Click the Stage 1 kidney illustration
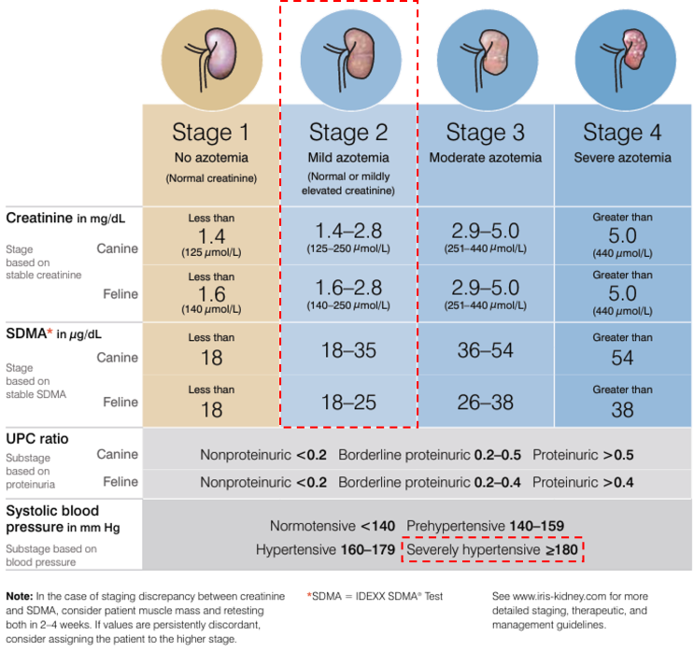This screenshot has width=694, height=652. coord(212,60)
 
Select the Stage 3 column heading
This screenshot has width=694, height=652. coord(486,133)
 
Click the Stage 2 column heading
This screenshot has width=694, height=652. coord(348,133)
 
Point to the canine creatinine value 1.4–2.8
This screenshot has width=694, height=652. coord(348,231)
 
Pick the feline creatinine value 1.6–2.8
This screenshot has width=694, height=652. coord(348,288)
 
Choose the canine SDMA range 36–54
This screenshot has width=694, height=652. coord(486,350)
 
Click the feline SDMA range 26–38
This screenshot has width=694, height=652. coord(486,403)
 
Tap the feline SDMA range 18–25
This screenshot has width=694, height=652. coord(348,403)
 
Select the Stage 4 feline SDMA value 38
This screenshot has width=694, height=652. coord(622,410)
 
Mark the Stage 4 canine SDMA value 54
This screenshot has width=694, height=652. coord(622,358)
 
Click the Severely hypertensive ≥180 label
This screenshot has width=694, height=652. coord(492,550)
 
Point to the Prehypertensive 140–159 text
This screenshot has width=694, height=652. coord(485,526)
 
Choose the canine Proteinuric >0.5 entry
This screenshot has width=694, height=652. coord(583,455)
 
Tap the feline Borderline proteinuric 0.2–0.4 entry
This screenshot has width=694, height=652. coord(430,482)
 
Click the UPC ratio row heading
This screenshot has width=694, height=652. coord(37,439)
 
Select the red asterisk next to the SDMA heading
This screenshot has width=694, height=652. coord(50,332)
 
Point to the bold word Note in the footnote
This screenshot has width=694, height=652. coord(20,596)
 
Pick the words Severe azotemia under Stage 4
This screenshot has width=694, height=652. coord(622,158)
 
